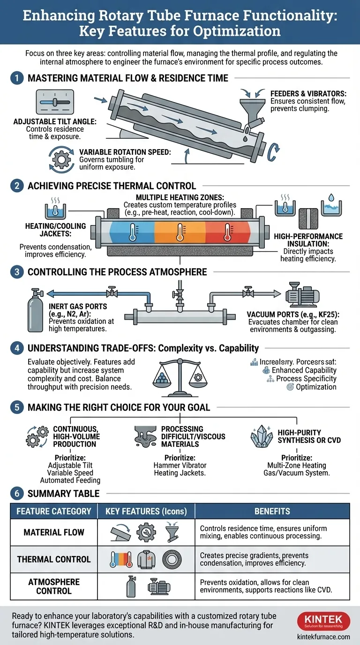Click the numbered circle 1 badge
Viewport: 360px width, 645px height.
(16, 78)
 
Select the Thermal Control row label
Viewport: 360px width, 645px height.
(53, 559)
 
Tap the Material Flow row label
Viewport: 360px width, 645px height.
(54, 532)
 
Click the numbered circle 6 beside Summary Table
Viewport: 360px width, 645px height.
(16, 493)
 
